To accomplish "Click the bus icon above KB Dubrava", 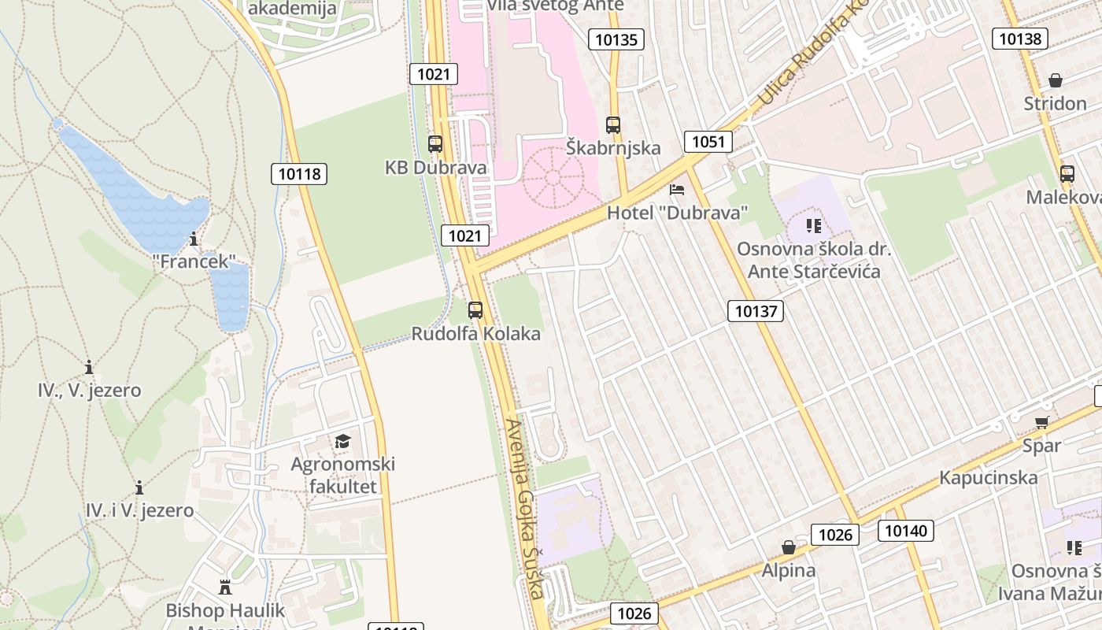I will pyautogui.click(x=435, y=144).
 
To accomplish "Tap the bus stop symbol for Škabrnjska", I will pyautogui.click(x=613, y=124).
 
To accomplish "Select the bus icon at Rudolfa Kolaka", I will pyautogui.click(x=475, y=310).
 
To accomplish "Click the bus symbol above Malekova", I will pyautogui.click(x=1067, y=174).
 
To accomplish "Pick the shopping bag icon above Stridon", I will pyautogui.click(x=1056, y=80).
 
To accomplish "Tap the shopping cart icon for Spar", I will pyautogui.click(x=1042, y=423).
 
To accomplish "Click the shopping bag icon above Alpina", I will pyautogui.click(x=788, y=547).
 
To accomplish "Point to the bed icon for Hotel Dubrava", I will pyautogui.click(x=677, y=190).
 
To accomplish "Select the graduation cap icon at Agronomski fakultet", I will pyautogui.click(x=342, y=441).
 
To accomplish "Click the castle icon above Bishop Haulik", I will pyautogui.click(x=225, y=587).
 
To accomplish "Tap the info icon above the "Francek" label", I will pyautogui.click(x=194, y=239).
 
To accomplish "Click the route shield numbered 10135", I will pyautogui.click(x=616, y=39).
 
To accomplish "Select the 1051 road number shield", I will pyautogui.click(x=708, y=142).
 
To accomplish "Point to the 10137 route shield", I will pyautogui.click(x=756, y=311).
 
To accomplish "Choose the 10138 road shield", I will pyautogui.click(x=1019, y=38).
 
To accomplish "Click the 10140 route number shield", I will pyautogui.click(x=906, y=531).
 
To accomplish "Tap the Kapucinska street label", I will pyautogui.click(x=988, y=478).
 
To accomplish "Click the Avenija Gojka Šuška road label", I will pyautogui.click(x=525, y=508).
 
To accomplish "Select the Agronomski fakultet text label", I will pyautogui.click(x=343, y=475).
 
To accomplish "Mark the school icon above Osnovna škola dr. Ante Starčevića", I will pyautogui.click(x=814, y=227).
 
